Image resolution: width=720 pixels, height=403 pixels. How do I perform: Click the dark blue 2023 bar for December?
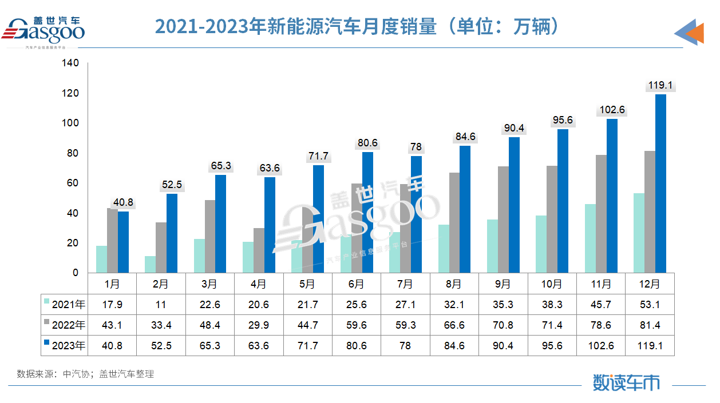click(660, 183)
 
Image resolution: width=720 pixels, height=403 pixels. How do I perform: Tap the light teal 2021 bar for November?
click(590, 238)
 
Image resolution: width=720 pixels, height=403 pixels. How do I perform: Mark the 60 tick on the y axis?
click(73, 183)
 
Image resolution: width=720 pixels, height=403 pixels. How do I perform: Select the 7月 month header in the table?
click(405, 284)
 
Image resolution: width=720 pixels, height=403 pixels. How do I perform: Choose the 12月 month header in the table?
click(650, 284)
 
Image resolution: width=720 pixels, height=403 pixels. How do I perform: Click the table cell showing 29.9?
click(258, 325)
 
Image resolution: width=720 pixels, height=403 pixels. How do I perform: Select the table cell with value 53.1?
click(650, 305)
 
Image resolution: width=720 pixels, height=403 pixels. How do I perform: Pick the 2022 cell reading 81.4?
click(650, 325)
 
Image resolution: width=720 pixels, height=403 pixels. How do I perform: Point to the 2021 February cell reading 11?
click(161, 305)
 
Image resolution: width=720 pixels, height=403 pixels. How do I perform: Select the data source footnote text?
click(85, 374)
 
